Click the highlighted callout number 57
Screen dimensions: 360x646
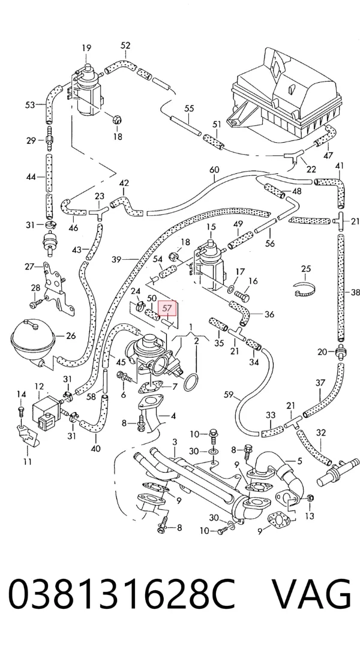(x=167, y=308)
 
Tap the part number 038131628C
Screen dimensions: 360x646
(x=122, y=594)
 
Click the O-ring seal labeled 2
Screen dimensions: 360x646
(x=191, y=382)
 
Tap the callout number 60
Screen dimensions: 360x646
(x=214, y=170)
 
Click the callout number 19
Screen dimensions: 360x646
(x=86, y=48)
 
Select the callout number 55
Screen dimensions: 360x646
(x=188, y=109)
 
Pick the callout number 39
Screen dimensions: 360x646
(x=116, y=260)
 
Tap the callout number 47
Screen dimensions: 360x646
(x=328, y=155)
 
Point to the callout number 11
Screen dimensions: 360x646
(x=27, y=461)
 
